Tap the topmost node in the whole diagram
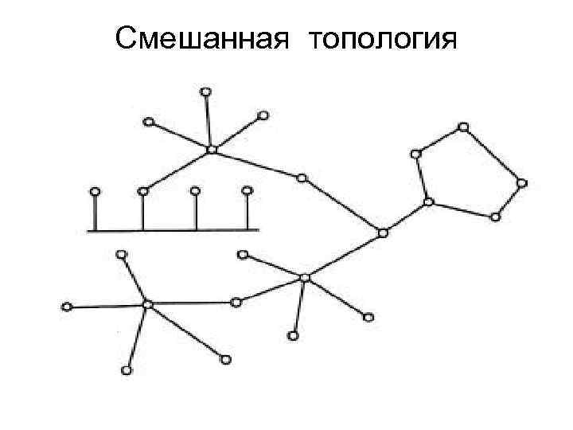[205, 92]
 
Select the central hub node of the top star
[211, 150]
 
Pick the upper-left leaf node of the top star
[148, 122]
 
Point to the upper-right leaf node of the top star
[263, 116]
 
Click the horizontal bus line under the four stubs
[172, 230]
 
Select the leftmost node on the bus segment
[95, 191]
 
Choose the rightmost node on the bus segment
[247, 190]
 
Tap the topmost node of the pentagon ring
[463, 127]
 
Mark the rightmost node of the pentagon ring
[522, 183]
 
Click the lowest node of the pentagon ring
[495, 217]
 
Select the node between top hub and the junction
[302, 178]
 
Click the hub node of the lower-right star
[304, 277]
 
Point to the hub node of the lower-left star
[147, 303]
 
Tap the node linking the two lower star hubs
[236, 302]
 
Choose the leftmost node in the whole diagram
[67, 307]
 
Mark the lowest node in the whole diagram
[127, 370]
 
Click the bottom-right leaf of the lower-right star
[368, 318]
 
